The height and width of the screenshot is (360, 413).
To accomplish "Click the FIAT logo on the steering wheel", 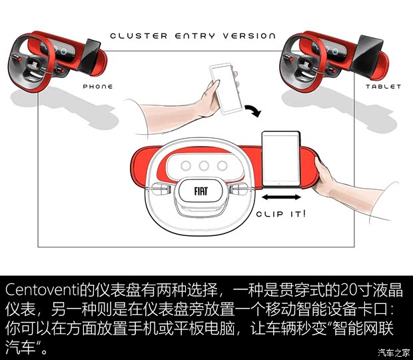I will (x=201, y=191).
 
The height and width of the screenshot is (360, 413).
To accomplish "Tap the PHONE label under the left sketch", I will (x=98, y=87).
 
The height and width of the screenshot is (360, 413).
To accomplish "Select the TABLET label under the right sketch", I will (x=383, y=87).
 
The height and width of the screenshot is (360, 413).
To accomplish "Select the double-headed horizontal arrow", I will (x=278, y=199).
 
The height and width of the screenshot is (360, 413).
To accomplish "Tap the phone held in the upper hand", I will (x=224, y=86).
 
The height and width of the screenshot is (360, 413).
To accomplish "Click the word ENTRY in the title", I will (x=192, y=35).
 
